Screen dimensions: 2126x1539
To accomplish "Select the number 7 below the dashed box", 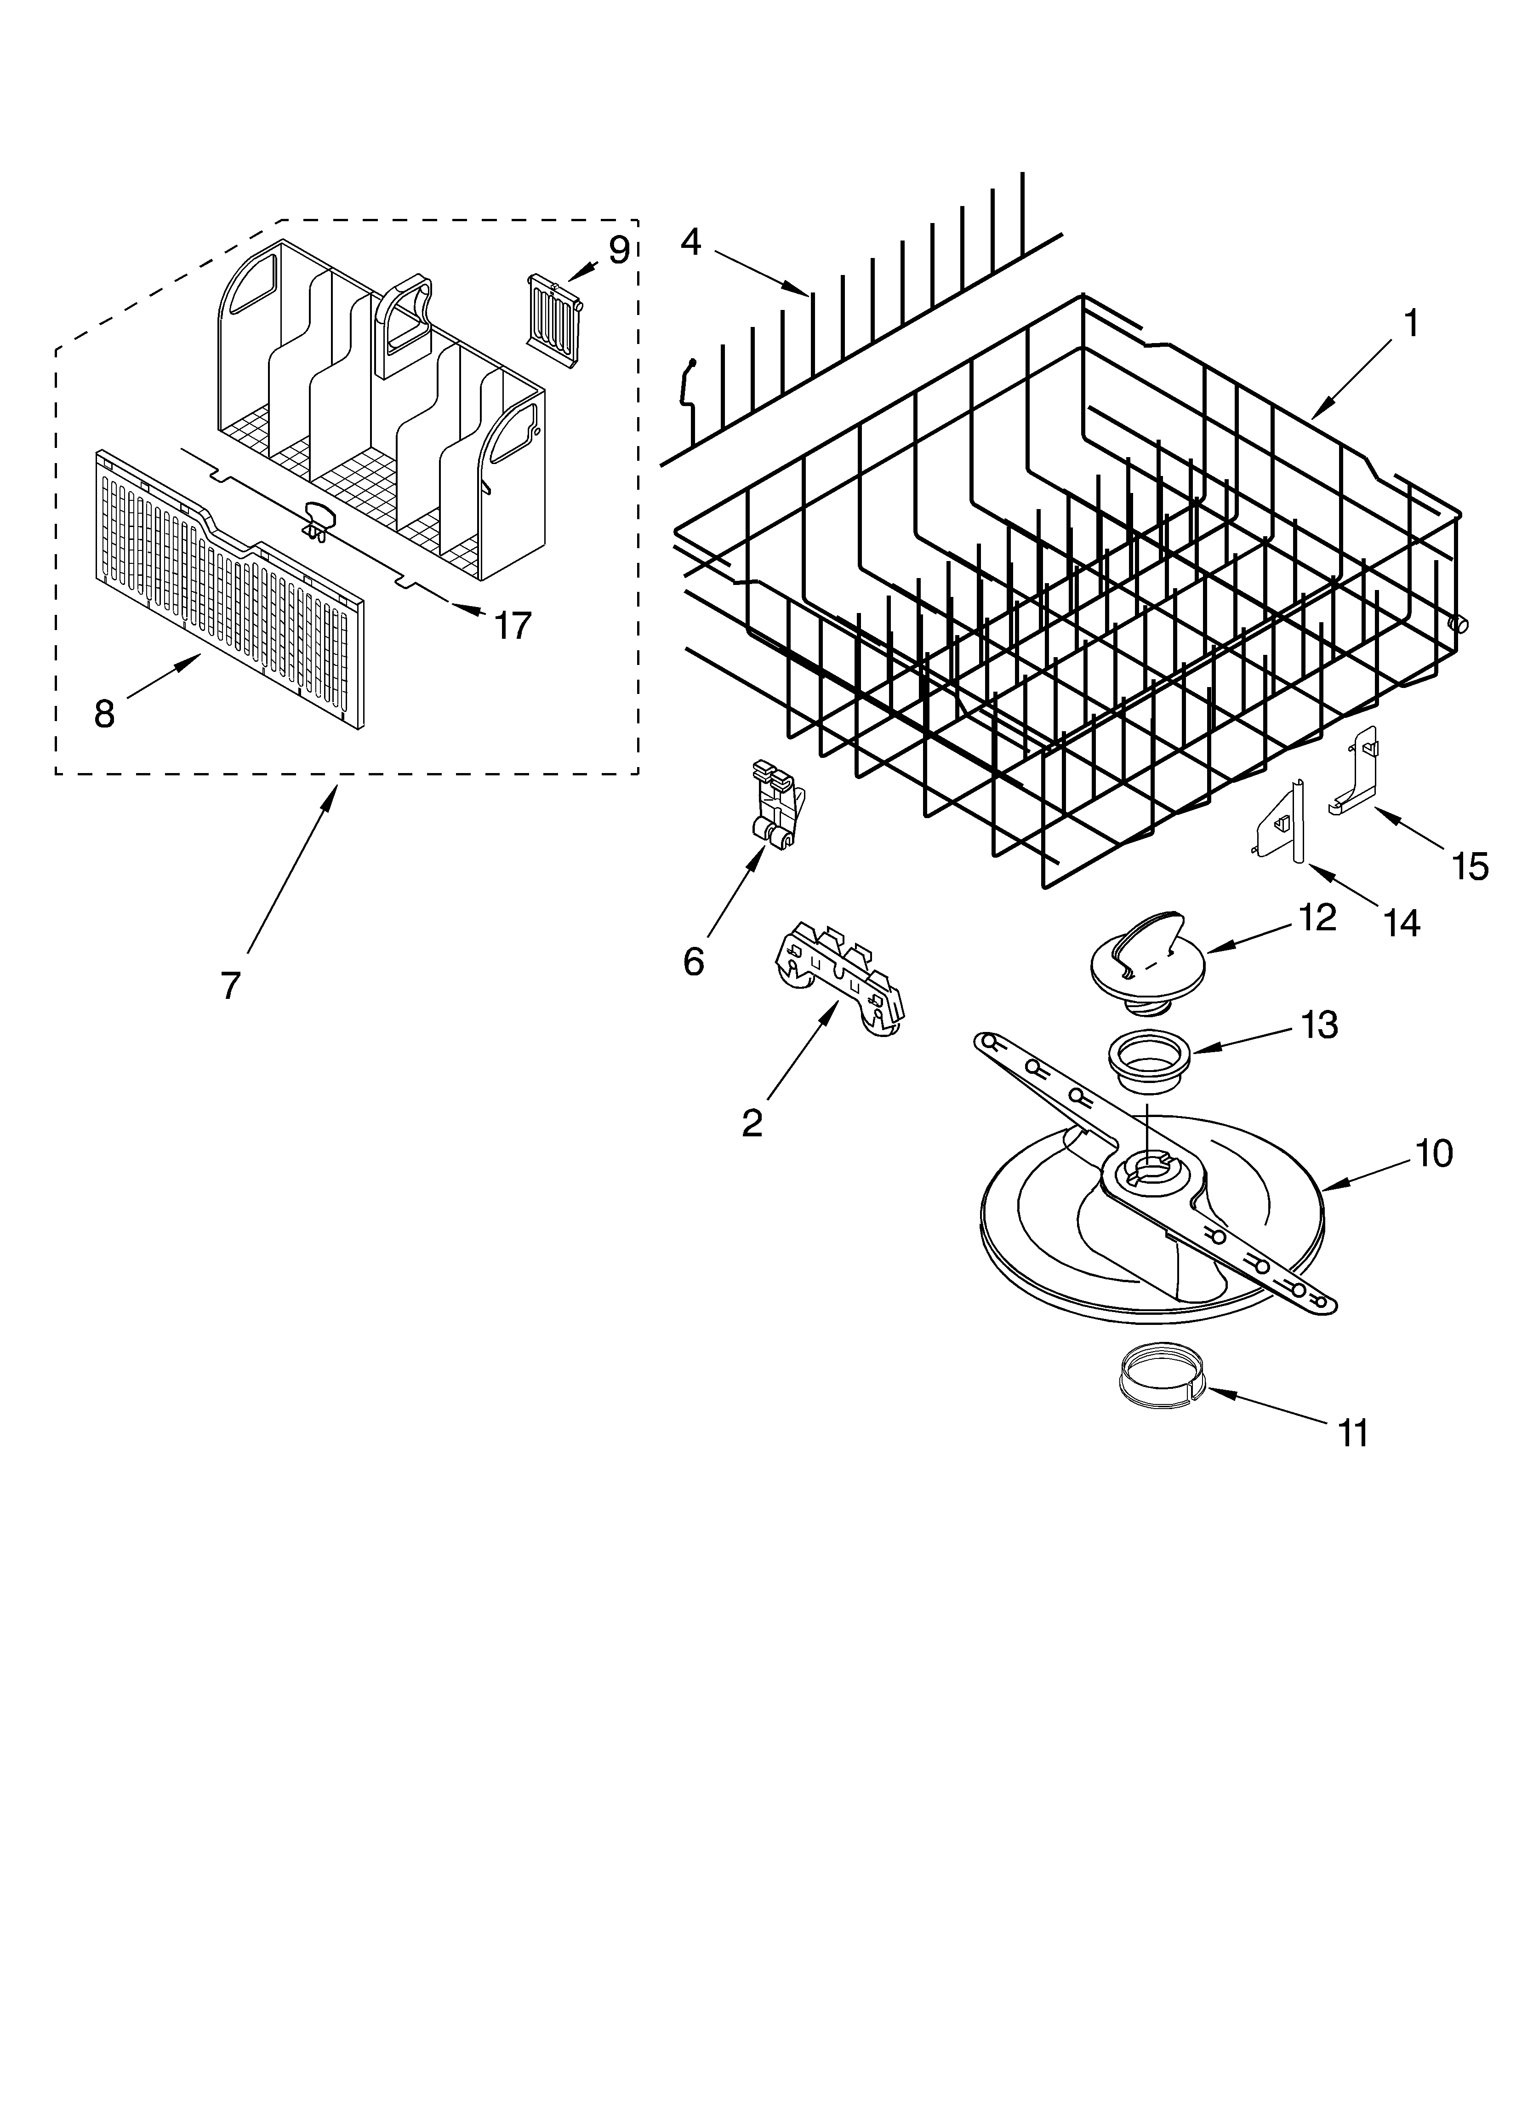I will tap(231, 985).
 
